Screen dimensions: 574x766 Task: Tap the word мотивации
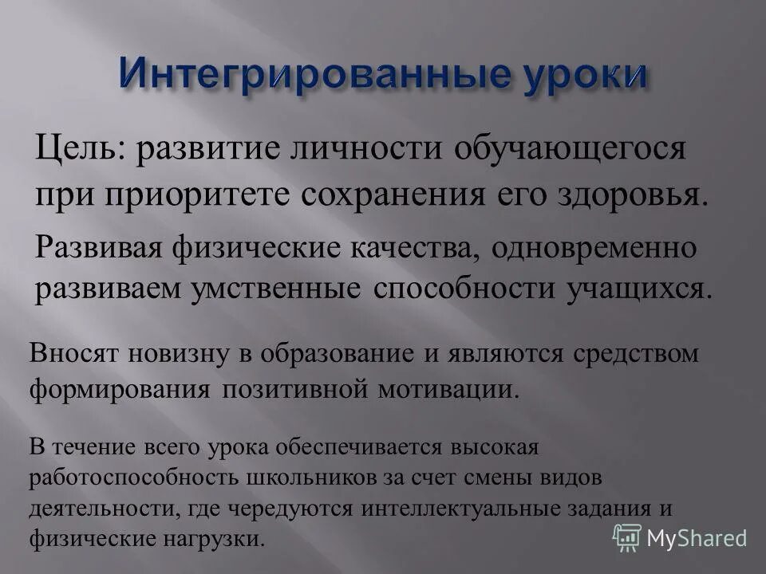[x=458, y=390]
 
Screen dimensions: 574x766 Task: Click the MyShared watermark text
[x=697, y=537]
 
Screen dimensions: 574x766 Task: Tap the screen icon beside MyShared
[x=627, y=537]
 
